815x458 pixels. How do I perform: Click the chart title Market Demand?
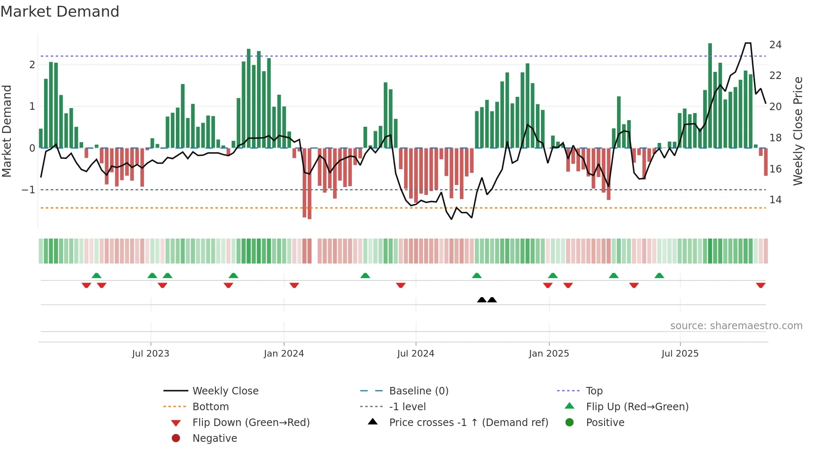click(60, 12)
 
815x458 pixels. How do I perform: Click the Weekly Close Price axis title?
click(798, 131)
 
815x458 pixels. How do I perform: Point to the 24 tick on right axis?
click(775, 45)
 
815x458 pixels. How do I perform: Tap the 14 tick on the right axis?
click(775, 200)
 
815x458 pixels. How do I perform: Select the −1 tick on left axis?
click(29, 190)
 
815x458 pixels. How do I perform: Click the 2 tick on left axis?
click(32, 65)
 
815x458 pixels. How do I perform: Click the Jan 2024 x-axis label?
click(284, 354)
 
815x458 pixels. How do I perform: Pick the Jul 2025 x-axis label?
click(680, 354)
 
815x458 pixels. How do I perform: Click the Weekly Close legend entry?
click(225, 391)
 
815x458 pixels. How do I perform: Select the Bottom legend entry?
click(210, 407)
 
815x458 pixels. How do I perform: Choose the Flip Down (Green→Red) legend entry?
click(251, 423)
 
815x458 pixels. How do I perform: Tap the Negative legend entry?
click(215, 438)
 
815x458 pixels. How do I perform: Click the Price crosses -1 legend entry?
click(468, 423)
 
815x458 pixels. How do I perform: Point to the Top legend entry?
click(594, 391)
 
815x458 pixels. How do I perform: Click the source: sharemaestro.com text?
click(736, 326)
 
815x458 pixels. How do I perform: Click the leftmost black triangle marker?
click(482, 300)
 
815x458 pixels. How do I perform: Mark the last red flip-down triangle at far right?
click(761, 285)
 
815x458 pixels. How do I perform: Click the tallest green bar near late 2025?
click(710, 96)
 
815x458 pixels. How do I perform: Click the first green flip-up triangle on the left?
click(96, 276)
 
